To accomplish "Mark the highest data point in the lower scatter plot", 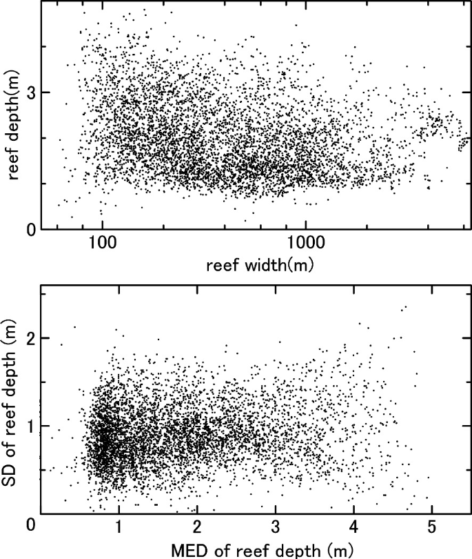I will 406,307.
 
